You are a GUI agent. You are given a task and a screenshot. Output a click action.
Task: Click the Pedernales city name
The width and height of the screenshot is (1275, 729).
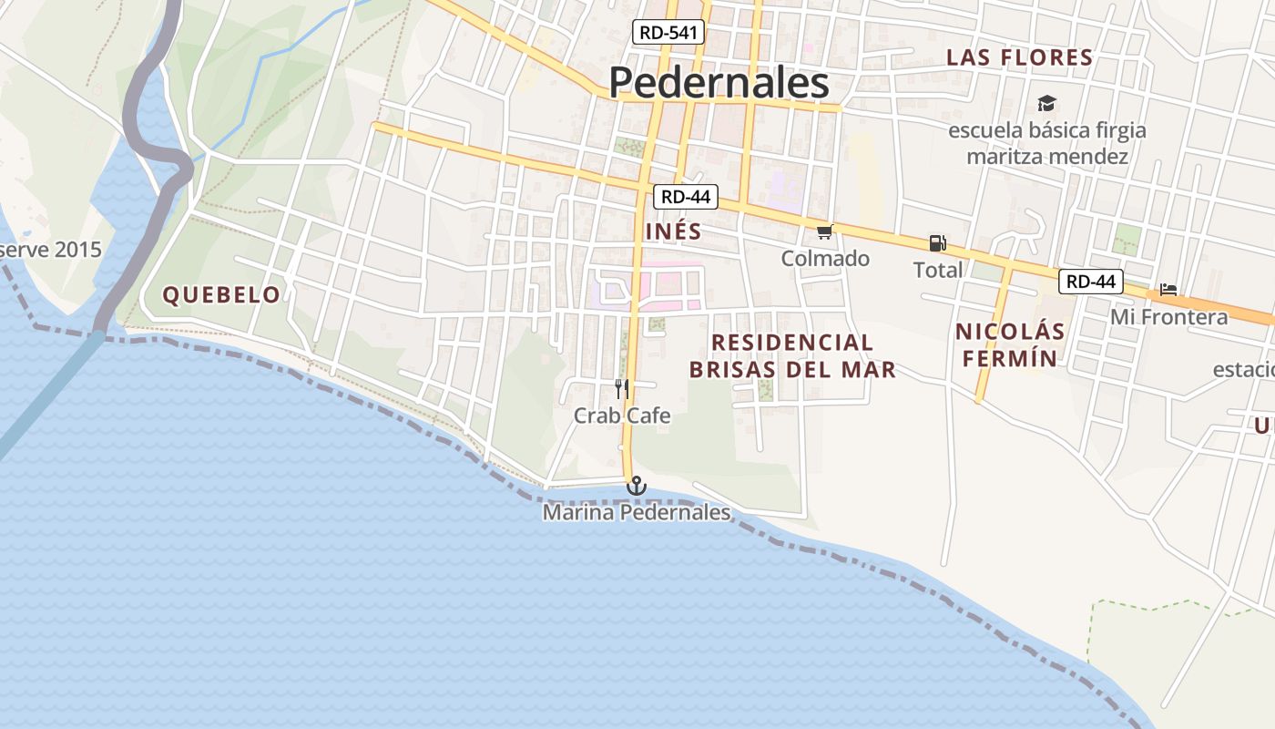coord(719,83)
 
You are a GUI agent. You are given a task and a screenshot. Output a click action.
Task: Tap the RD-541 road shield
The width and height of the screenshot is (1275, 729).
coord(668,33)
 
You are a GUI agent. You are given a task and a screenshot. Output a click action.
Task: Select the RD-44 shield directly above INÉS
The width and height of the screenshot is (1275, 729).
coord(685,196)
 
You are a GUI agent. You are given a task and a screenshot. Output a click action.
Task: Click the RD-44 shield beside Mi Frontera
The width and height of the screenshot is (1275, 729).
coord(1090,282)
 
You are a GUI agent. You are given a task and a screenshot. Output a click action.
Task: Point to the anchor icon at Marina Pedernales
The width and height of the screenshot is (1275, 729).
coord(637,486)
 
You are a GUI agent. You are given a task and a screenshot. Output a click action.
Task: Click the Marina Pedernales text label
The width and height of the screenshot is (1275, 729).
coord(637,513)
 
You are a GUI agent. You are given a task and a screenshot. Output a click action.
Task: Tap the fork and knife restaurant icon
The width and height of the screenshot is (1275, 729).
coord(622,389)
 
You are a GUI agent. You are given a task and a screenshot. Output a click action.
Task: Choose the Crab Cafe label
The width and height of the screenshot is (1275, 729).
coord(622,416)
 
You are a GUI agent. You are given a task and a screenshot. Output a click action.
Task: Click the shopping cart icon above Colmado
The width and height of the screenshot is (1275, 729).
coord(825,232)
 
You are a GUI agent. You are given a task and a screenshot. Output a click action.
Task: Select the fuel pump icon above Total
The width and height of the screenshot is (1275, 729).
coord(937,243)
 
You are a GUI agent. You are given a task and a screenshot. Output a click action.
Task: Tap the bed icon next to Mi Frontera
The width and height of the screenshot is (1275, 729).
coord(1168,291)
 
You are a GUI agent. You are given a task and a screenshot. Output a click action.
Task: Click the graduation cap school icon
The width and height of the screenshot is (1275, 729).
coord(1046,104)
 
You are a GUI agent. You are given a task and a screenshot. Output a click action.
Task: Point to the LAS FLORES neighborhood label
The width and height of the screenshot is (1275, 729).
coord(1019,57)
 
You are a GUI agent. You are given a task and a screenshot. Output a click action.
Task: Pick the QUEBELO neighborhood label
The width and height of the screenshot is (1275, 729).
coord(221,294)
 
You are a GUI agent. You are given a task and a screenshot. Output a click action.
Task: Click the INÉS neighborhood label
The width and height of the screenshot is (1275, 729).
coord(674,231)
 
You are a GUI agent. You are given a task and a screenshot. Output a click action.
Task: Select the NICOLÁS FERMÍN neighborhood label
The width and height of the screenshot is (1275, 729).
coord(1010,344)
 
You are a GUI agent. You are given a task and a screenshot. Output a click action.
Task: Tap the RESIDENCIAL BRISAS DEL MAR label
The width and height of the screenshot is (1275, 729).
coord(792,355)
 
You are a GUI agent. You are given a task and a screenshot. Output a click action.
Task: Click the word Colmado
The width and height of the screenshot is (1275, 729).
coord(825,259)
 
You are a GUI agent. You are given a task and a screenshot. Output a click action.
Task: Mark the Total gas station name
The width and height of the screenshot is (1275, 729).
coord(938,270)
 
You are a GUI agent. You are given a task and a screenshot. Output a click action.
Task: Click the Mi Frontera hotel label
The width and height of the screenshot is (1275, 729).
coord(1168,317)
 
